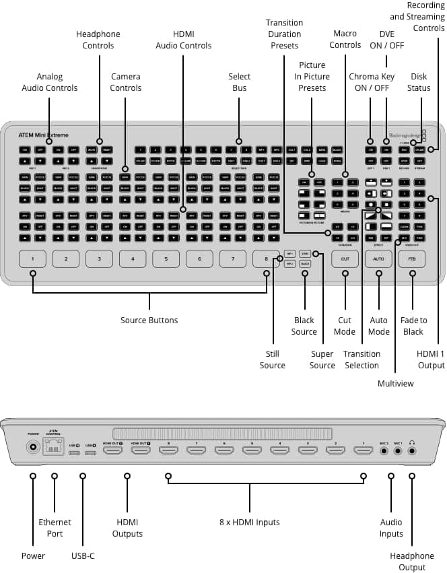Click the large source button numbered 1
[x=32, y=259]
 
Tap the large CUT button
[x=345, y=259]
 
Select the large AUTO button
[x=378, y=259]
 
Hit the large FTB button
[x=411, y=259]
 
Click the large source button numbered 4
[x=133, y=259]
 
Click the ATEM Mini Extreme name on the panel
[x=43, y=135]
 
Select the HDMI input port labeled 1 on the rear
[x=363, y=449]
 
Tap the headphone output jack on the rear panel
[x=411, y=450]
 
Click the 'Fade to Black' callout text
[x=413, y=326]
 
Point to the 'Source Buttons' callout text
[x=149, y=320]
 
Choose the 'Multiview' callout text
[x=396, y=383]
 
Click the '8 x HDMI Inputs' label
[x=250, y=522]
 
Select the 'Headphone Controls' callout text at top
[x=99, y=40]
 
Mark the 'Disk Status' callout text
[x=419, y=82]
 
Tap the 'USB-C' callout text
[x=83, y=555]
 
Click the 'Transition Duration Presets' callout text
[x=285, y=34]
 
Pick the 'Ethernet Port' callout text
[x=55, y=528]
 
